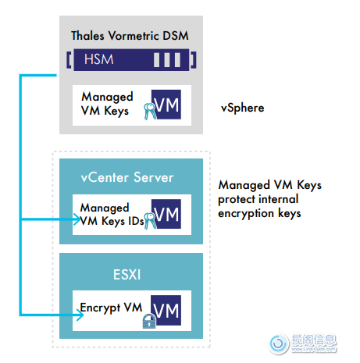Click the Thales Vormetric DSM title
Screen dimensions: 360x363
130,36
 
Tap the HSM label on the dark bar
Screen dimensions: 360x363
99,59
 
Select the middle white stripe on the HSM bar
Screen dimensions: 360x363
167,60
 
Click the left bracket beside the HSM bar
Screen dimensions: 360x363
69,60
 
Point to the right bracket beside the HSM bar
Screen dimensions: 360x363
194,60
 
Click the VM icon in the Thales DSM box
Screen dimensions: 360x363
166,105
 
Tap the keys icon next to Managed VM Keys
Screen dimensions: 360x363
150,112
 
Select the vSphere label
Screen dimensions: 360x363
242,108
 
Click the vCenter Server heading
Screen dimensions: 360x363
127,177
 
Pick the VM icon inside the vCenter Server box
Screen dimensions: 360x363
166,214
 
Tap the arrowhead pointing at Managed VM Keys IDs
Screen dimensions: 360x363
77,219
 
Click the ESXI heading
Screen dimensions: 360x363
127,275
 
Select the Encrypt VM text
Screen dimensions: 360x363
111,308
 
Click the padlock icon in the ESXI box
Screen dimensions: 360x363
149,321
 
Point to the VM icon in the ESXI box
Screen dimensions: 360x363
166,310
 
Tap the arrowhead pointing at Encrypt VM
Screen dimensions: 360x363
80,315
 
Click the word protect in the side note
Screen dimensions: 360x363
237,200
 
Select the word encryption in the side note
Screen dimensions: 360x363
246,214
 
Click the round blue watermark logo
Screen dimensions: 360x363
279,343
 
